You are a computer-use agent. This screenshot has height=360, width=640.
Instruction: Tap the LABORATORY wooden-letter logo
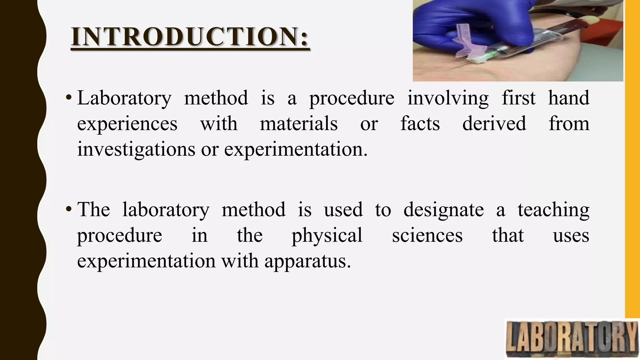(x=572, y=339)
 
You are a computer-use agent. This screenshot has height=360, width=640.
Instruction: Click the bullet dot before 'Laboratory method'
(x=68, y=98)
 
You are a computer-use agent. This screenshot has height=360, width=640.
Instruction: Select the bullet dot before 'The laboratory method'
(x=68, y=210)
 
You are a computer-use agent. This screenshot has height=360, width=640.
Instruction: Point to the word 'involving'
(x=448, y=98)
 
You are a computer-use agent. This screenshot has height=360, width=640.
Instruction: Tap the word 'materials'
(x=298, y=123)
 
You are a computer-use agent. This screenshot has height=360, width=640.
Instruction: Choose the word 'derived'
(x=494, y=123)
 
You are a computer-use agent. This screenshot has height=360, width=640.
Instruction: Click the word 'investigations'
(x=136, y=149)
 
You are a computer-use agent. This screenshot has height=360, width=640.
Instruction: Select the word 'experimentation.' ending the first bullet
(x=296, y=149)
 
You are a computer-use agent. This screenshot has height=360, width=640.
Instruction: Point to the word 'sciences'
(x=427, y=235)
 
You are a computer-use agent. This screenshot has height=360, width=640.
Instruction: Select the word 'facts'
(x=420, y=123)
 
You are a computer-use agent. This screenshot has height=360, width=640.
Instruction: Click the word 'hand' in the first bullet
(x=569, y=98)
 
